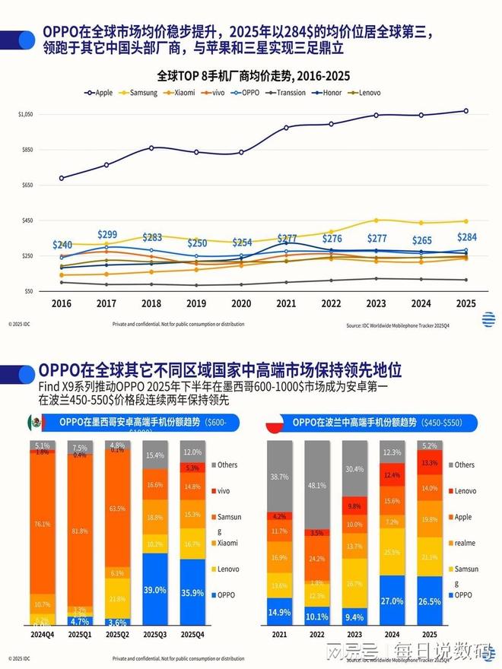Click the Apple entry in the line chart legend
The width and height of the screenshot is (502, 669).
point(100,93)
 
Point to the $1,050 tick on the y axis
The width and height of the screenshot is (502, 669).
point(25,114)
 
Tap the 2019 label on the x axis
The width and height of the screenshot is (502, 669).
point(197,303)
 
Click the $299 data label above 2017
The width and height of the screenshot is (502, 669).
point(107,234)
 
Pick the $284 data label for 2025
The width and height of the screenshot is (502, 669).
point(465,236)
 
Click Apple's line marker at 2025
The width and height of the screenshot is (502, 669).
point(465,111)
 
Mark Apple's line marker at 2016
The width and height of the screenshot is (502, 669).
point(62,178)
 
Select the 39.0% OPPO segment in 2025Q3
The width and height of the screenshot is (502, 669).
point(155,590)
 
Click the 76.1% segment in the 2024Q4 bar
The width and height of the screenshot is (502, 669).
point(43,523)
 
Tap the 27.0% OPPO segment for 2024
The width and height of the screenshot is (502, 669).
point(392,601)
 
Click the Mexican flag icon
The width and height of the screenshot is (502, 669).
point(34,421)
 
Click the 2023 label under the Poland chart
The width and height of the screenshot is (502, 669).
point(353,633)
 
